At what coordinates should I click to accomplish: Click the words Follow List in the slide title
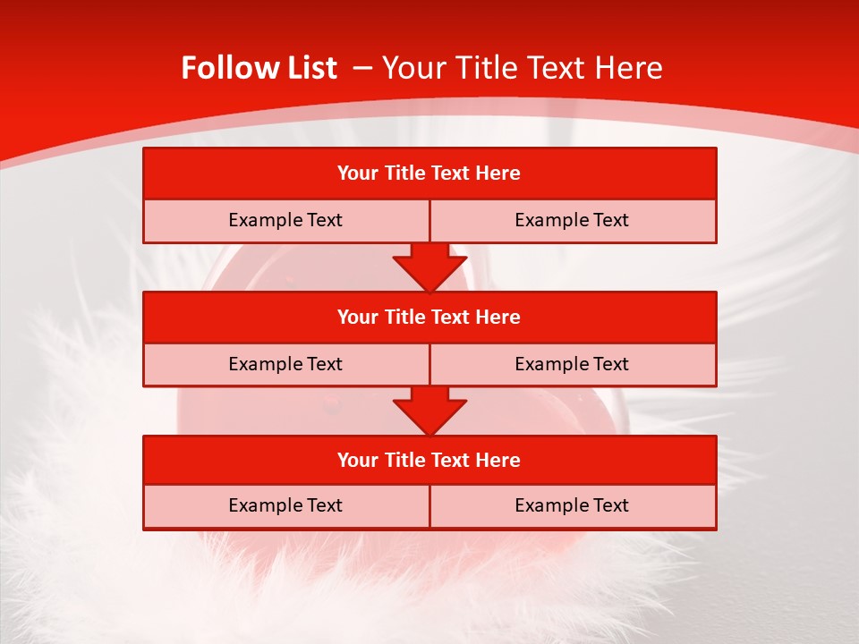[x=259, y=68]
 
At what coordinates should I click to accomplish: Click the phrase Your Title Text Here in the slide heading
[x=522, y=68]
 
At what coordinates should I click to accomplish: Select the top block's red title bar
[x=429, y=174]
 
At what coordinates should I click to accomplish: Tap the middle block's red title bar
[x=429, y=317]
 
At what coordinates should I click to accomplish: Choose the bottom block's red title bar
[x=429, y=460]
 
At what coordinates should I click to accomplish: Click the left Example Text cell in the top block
[x=285, y=220]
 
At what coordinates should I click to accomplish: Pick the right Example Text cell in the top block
[x=572, y=220]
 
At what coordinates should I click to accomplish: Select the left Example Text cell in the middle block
[x=285, y=364]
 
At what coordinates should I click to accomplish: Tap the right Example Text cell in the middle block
[x=572, y=364]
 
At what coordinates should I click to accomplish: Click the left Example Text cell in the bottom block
[x=285, y=505]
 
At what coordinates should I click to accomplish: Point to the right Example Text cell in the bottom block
[x=572, y=505]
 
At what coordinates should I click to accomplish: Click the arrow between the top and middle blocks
[x=429, y=267]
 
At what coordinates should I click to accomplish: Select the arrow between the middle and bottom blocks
[x=429, y=411]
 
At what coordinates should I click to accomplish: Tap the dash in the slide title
[x=362, y=68]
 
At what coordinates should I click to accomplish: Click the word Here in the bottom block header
[x=498, y=460]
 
